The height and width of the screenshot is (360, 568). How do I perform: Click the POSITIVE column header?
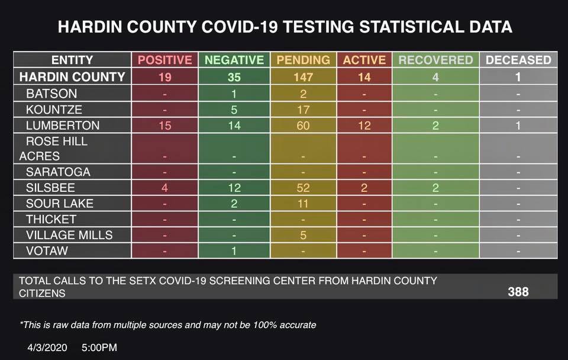pyautogui.click(x=165, y=60)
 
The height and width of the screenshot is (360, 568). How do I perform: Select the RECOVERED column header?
pyautogui.click(x=435, y=60)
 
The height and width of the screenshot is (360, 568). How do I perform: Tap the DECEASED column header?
pyautogui.click(x=518, y=60)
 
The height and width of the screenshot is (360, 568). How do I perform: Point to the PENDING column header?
pyautogui.click(x=303, y=60)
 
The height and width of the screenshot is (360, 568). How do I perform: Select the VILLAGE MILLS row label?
pyautogui.click(x=69, y=235)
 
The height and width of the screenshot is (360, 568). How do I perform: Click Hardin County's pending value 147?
pyautogui.click(x=303, y=76)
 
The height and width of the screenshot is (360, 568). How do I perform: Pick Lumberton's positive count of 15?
pyautogui.click(x=165, y=126)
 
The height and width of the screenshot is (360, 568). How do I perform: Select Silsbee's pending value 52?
pyautogui.click(x=303, y=188)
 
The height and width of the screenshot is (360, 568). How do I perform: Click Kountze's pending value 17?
pyautogui.click(x=303, y=110)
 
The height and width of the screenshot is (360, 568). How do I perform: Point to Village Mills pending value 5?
pyautogui.click(x=303, y=235)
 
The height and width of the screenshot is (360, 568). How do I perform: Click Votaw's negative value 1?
pyautogui.click(x=234, y=250)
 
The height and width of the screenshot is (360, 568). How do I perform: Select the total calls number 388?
pyautogui.click(x=518, y=292)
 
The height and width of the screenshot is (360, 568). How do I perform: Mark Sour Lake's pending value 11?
pyautogui.click(x=303, y=204)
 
